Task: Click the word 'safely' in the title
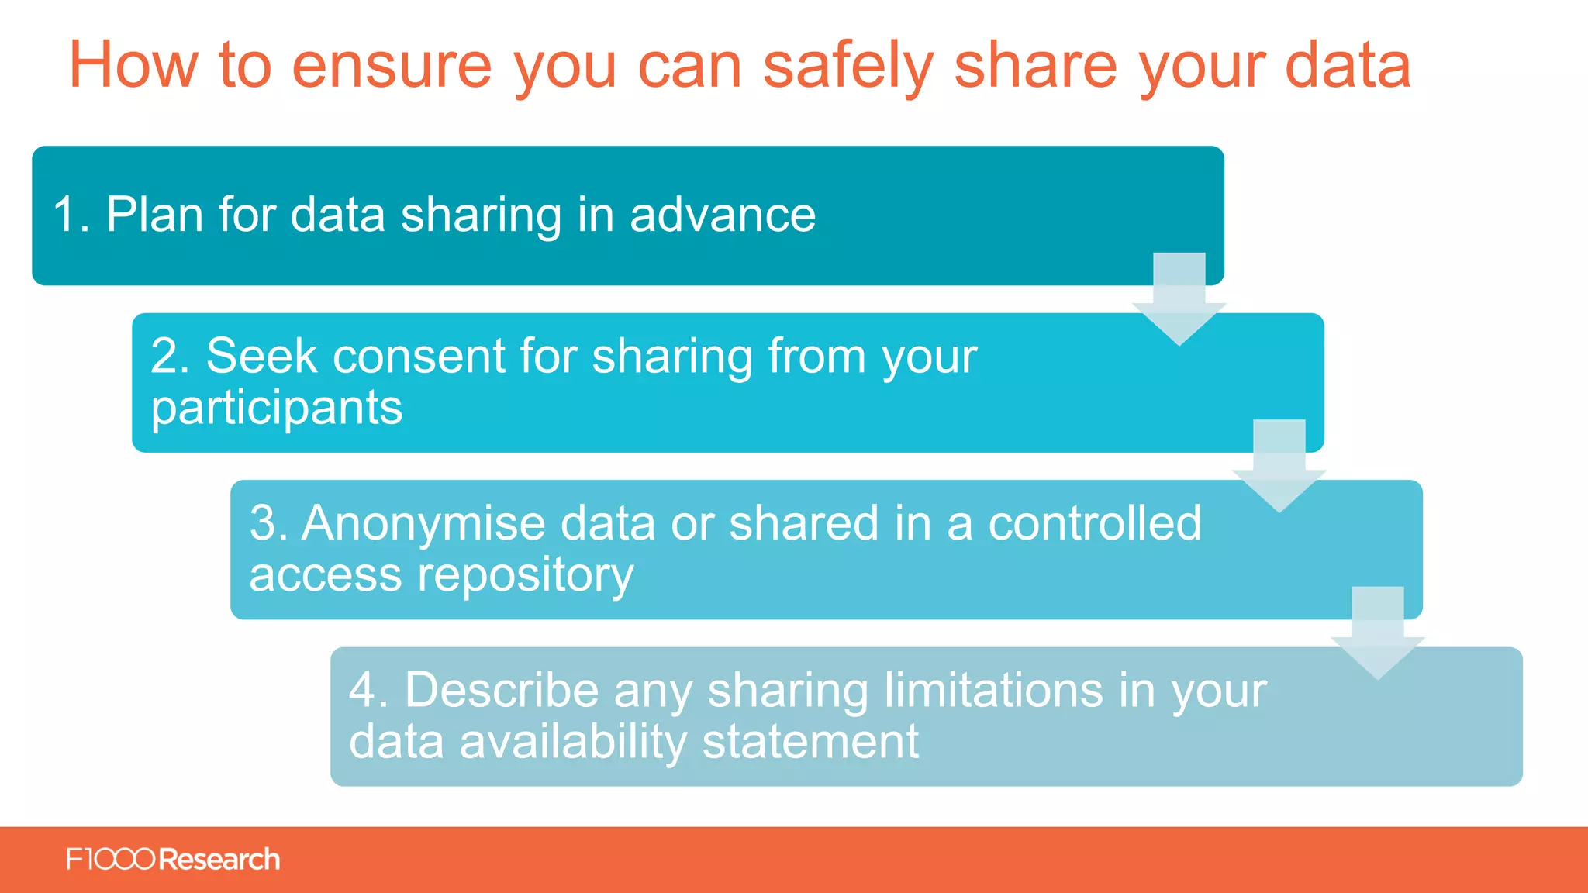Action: [x=848, y=67]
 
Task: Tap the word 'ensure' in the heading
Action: [x=392, y=67]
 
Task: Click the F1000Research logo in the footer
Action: [x=173, y=860]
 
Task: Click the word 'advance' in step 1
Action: [x=723, y=215]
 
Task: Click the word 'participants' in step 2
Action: [x=277, y=409]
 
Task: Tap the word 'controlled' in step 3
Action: [x=1094, y=523]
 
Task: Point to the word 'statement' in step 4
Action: [x=810, y=742]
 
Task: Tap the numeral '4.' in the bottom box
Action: [x=368, y=690]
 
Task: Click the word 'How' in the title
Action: [x=134, y=67]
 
